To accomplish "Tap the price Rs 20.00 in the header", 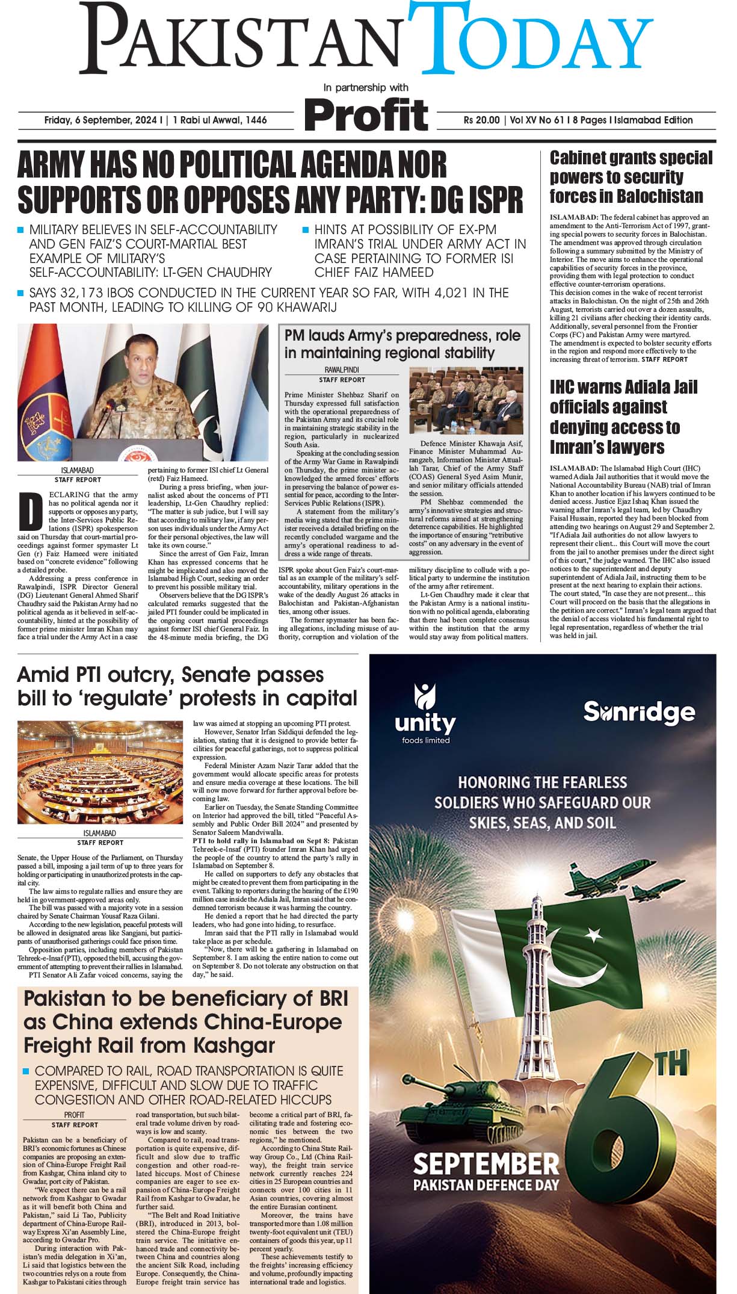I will point(481,120).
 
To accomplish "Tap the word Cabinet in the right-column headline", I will point(581,158).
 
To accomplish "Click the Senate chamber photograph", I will point(100,772).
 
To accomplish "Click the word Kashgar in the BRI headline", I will point(230,1045).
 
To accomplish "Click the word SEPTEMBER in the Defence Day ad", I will point(486,1164).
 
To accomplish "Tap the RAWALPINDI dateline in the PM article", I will point(342,370).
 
